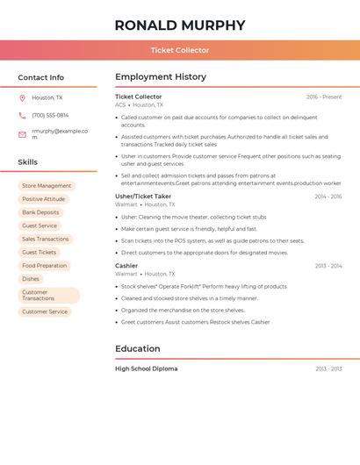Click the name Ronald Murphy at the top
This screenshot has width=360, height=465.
pos(180,25)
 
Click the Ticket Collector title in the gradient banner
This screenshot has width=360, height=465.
pos(180,50)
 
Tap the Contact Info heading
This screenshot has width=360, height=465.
pos(40,77)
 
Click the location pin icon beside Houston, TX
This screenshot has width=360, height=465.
pos(22,98)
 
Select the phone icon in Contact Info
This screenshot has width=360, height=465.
pos(22,115)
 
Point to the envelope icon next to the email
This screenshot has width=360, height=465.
pos(22,134)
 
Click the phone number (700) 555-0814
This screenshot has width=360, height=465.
pos(50,115)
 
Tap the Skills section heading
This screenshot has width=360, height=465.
pos(28,162)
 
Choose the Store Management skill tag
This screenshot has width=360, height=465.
pos(47,186)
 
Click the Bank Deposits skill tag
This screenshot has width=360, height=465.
pos(40,212)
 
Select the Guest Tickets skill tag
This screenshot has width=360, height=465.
pos(39,253)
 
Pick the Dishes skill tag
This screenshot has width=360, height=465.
pos(31,279)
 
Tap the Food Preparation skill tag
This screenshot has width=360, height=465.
pos(44,266)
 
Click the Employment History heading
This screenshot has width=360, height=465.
pos(161,77)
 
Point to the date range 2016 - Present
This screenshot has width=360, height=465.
pos(324,97)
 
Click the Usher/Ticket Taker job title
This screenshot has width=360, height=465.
pos(144,197)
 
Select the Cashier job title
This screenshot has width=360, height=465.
pos(126,266)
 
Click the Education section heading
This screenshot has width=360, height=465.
pos(138,349)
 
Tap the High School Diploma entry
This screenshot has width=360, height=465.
pos(146,369)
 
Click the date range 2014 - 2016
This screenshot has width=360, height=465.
pos(328,197)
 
